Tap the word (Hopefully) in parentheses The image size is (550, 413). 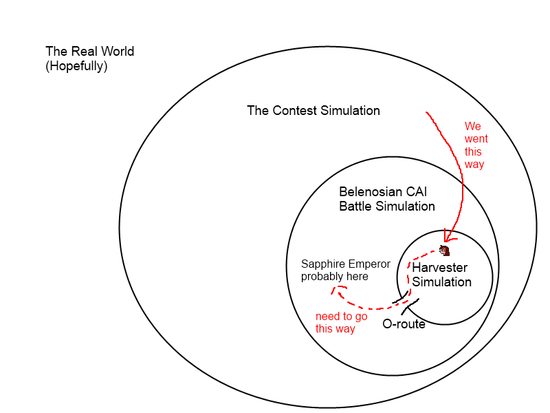click(x=76, y=67)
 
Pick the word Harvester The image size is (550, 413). click(x=440, y=267)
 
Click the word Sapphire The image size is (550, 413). click(x=324, y=264)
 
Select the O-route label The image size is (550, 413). click(x=404, y=324)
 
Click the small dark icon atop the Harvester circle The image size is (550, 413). click(x=444, y=250)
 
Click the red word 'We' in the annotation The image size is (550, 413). click(x=472, y=127)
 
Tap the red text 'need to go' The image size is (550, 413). click(x=341, y=317)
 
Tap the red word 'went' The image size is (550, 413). click(x=476, y=139)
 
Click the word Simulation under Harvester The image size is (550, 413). click(x=442, y=282)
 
